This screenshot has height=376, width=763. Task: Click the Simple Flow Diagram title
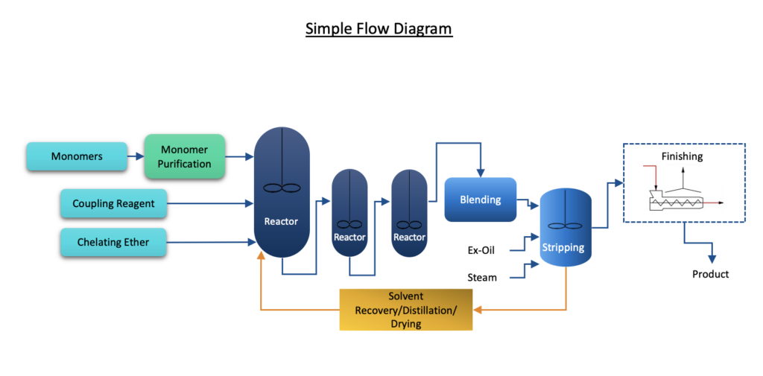(x=379, y=29)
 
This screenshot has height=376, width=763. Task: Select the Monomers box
(x=77, y=156)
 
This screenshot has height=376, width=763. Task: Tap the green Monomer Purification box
(x=185, y=156)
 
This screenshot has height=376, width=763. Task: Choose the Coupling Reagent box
(x=113, y=203)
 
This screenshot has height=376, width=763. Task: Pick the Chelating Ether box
(x=113, y=242)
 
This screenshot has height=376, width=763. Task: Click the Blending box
(x=481, y=200)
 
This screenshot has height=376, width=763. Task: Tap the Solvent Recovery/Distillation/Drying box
(x=406, y=310)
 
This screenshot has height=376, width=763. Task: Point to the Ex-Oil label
(x=481, y=250)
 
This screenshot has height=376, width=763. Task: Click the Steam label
(x=482, y=278)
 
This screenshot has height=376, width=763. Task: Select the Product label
(x=710, y=274)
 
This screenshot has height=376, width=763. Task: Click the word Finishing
(x=682, y=156)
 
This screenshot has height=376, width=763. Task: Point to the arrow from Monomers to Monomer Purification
(x=136, y=156)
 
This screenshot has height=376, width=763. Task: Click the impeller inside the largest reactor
(x=282, y=188)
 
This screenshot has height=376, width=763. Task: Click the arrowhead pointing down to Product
(x=713, y=260)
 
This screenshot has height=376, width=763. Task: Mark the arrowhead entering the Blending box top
(x=481, y=173)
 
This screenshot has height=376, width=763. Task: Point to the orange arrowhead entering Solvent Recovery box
(x=478, y=310)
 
